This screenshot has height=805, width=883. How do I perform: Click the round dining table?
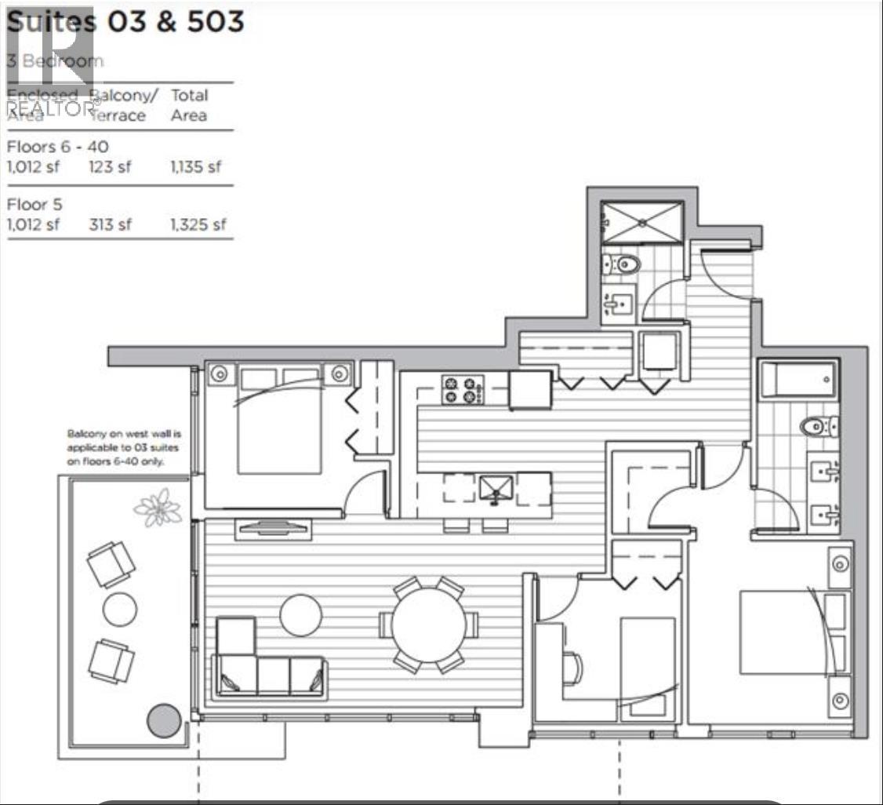[428, 625]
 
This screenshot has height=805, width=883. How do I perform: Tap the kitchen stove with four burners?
[463, 390]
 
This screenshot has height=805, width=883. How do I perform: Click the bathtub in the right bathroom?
[798, 381]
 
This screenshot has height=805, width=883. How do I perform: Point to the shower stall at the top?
[641, 222]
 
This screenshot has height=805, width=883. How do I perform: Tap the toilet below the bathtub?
[819, 426]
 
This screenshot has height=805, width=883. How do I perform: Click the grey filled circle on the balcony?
[165, 720]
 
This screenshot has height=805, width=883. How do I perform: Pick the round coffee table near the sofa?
[300, 614]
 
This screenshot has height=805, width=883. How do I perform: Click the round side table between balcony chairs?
[120, 609]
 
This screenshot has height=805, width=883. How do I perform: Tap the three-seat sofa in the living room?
[271, 676]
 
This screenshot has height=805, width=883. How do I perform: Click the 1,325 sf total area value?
[198, 225]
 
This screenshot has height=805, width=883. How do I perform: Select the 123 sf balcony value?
[110, 167]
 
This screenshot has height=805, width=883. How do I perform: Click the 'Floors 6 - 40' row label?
[58, 147]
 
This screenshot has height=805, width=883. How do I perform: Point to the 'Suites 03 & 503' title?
[125, 21]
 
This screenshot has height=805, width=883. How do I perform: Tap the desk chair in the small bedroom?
[573, 667]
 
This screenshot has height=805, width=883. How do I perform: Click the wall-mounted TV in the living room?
[273, 529]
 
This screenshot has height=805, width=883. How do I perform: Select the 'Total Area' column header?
[189, 105]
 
